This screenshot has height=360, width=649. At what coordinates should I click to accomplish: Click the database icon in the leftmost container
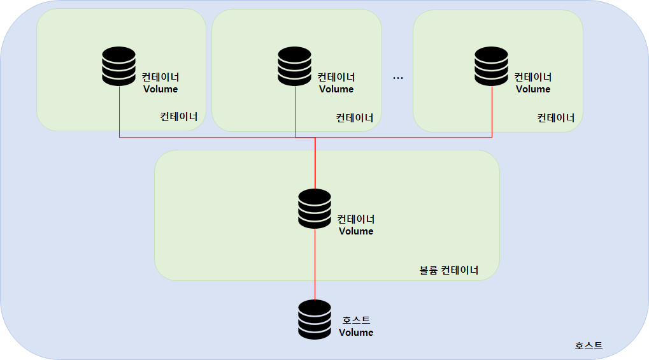coord(119,66)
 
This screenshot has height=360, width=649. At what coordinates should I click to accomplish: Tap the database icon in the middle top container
coord(295,66)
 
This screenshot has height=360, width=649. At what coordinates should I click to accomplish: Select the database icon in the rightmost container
coord(492,66)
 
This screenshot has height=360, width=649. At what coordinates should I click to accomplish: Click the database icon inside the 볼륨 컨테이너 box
coord(315,208)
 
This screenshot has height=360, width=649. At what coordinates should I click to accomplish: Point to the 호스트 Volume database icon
coord(315,319)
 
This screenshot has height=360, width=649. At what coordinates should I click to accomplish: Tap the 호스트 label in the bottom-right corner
coord(588,346)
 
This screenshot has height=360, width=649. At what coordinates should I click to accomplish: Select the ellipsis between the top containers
coord(398,78)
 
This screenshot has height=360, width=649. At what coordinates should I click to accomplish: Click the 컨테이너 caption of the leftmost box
coord(179,117)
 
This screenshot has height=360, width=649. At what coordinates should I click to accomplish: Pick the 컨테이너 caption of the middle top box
coord(355,118)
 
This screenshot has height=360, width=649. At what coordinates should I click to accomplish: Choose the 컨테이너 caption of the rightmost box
coord(556,118)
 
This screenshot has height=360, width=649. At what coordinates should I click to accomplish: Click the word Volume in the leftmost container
coord(160,89)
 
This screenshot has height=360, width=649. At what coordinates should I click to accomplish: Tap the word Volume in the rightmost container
coord(533,89)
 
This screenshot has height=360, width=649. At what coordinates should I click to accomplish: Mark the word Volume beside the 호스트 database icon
coord(356,333)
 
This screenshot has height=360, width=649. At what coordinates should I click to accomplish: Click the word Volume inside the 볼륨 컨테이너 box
coord(356,231)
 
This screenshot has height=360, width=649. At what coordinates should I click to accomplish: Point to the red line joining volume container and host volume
coord(315,264)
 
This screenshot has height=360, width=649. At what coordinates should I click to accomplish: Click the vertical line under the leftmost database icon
coord(120,112)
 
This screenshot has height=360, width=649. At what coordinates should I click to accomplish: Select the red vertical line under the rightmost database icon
coord(492,112)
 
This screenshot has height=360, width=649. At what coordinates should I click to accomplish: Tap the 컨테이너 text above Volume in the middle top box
coord(336,77)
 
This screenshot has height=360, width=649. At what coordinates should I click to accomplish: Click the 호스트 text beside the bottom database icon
coord(356,320)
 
